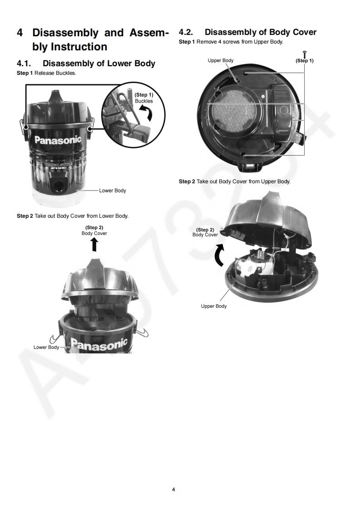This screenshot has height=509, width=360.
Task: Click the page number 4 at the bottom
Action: tap(173, 489)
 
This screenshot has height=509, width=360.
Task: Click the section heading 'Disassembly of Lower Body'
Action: tap(99, 64)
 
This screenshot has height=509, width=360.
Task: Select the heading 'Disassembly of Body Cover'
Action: tap(260, 32)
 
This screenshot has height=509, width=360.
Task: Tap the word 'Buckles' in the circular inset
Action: tap(144, 101)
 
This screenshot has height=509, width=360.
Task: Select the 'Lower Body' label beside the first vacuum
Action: tap(113, 191)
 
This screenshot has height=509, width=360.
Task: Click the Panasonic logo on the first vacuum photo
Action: tap(58, 140)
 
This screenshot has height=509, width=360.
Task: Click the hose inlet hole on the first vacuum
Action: tap(59, 186)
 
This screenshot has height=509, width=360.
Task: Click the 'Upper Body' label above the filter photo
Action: tap(221, 60)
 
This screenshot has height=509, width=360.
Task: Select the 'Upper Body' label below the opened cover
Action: tap(214, 306)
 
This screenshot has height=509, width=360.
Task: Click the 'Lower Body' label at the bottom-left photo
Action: tap(46, 347)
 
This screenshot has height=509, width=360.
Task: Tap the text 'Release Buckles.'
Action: tap(55, 73)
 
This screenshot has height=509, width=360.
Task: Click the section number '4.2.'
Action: tap(186, 32)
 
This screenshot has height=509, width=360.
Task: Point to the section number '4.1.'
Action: tap(24, 64)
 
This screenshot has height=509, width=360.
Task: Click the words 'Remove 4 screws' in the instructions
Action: tap(218, 42)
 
